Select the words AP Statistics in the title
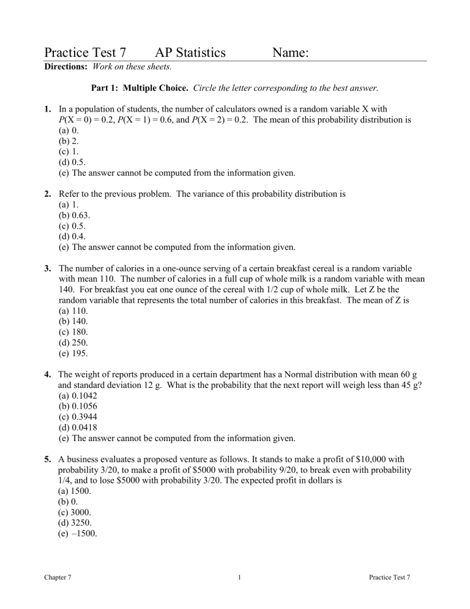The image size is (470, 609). pos(190,53)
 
